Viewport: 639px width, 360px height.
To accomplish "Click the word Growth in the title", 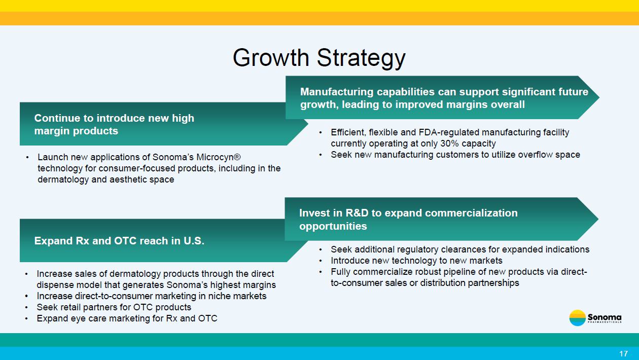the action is [271, 58].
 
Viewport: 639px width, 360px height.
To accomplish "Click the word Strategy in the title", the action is [361, 58].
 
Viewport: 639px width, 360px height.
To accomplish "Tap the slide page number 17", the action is [624, 354].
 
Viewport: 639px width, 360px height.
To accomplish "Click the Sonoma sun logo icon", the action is [577, 318].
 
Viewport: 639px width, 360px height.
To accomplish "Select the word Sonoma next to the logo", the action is [605, 317].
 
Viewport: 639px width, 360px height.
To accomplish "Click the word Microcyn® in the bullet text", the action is [219, 157].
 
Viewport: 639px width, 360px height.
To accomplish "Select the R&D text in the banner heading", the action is [357, 213].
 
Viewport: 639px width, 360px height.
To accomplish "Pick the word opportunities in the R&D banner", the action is [333, 227].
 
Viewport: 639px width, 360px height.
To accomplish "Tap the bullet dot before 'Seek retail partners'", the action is [26, 307].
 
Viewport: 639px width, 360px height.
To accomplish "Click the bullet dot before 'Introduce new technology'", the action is [321, 261].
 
